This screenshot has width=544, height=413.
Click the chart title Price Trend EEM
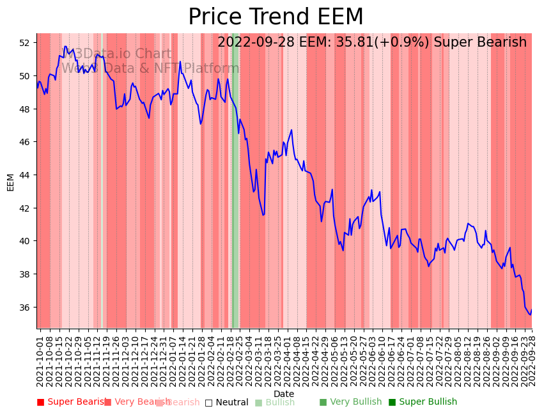click(276, 17)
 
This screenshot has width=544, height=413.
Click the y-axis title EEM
click(10, 182)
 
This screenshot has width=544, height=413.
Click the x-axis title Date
click(284, 394)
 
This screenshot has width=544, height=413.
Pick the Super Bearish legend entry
click(72, 402)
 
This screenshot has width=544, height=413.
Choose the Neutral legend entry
click(226, 402)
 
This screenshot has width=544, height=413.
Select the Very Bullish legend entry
click(350, 402)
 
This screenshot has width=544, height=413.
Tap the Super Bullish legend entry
click(423, 402)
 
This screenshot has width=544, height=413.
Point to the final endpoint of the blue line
click(531, 310)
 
